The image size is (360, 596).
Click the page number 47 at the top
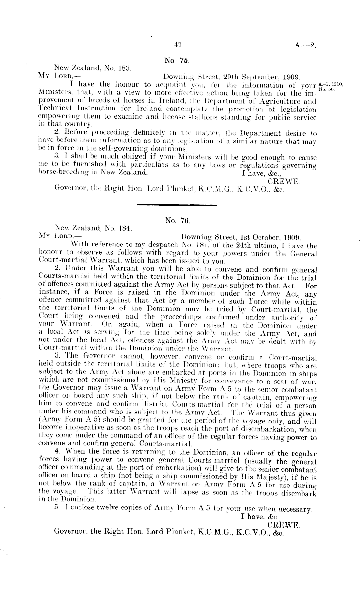tap(177, 45)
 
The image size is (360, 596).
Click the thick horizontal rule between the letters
tap(177, 204)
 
